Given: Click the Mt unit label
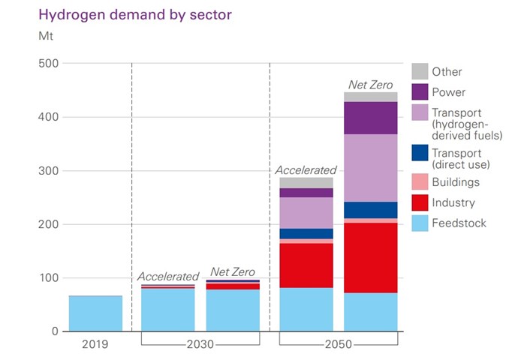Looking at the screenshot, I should [46, 34].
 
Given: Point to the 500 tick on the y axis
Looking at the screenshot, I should [48, 63].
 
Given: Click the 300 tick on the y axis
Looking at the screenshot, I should [48, 171].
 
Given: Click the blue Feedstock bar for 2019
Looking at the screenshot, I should [95, 313].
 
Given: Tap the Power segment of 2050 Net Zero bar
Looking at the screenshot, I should [370, 118].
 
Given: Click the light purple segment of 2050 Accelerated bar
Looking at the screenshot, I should [306, 213].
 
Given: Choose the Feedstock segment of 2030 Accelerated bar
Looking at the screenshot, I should [167, 310].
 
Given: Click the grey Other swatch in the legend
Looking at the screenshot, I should [420, 72].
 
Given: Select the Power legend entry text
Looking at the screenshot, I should [449, 92].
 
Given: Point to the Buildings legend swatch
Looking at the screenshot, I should [420, 182].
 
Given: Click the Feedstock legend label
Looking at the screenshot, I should [459, 223].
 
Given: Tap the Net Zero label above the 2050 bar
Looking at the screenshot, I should [370, 85].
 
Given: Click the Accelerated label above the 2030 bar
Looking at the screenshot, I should [168, 276].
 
